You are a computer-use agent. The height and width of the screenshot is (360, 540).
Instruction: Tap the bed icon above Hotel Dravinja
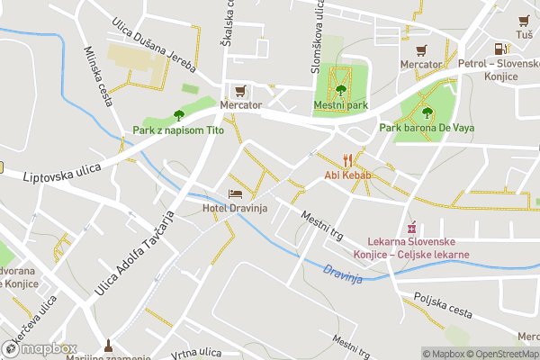point(236,194)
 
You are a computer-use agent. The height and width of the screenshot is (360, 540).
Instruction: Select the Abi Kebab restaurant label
point(343,175)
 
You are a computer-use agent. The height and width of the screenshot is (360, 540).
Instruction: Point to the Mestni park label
point(341,105)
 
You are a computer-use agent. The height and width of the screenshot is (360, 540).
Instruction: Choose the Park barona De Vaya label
point(427,129)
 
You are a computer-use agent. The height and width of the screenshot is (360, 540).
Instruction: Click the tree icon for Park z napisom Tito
point(178,114)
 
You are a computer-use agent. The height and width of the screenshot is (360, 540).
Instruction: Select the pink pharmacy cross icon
point(413,228)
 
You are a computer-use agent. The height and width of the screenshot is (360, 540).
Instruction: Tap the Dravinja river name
point(342,274)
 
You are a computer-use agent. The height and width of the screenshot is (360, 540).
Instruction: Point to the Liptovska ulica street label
point(62,168)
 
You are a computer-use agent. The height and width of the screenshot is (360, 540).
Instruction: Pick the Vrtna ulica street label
point(196,351)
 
